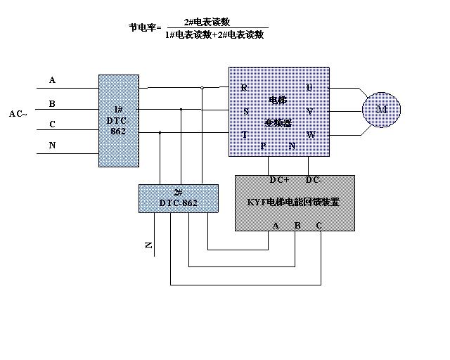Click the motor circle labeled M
[x=381, y=109]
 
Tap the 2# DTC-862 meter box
[x=178, y=198]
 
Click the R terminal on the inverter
[x=244, y=88]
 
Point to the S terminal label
[x=245, y=111]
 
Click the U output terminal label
[x=309, y=88]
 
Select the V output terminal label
[x=310, y=111]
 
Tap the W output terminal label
[x=310, y=134]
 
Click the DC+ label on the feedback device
[x=278, y=180]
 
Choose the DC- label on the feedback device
[x=314, y=180]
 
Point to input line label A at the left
[x=52, y=80]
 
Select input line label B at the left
[x=52, y=103]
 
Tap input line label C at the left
[x=52, y=124]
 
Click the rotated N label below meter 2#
[x=149, y=245]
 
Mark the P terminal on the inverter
[x=264, y=146]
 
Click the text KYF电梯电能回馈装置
[x=294, y=202]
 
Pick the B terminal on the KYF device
[x=297, y=225]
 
